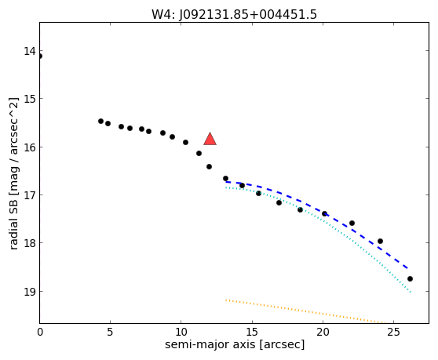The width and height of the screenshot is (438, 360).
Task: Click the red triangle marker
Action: [x=210, y=140]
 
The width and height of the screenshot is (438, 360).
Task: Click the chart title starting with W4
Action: [x=234, y=15]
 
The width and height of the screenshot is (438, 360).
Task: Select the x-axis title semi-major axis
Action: [x=235, y=344]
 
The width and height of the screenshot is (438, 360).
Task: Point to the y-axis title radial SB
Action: [x=14, y=173]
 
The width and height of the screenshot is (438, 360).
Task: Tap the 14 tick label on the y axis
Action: [x=30, y=52]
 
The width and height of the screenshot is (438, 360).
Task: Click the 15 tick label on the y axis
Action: [x=30, y=100]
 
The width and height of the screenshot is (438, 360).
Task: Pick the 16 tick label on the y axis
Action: [x=30, y=147]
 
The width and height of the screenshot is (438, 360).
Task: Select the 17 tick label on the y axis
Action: [x=30, y=195]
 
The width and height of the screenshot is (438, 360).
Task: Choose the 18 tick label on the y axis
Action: [x=30, y=243]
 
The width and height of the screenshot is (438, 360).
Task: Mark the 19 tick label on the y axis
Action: [x=30, y=292]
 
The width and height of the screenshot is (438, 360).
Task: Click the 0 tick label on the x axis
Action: [x=40, y=332]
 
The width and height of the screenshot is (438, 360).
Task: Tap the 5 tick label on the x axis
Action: [x=111, y=332]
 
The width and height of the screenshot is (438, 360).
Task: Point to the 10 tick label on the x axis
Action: [x=181, y=332]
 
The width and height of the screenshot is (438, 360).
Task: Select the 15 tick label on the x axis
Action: [x=252, y=332]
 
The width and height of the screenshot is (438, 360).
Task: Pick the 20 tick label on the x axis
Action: [x=323, y=332]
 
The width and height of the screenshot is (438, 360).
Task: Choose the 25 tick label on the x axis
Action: [x=393, y=332]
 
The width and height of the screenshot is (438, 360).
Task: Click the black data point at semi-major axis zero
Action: [x=40, y=56]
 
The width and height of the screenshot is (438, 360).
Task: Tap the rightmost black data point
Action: [x=410, y=278]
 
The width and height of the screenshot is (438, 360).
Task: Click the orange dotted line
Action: [x=307, y=311]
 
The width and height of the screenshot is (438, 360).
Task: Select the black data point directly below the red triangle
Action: [x=210, y=166]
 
